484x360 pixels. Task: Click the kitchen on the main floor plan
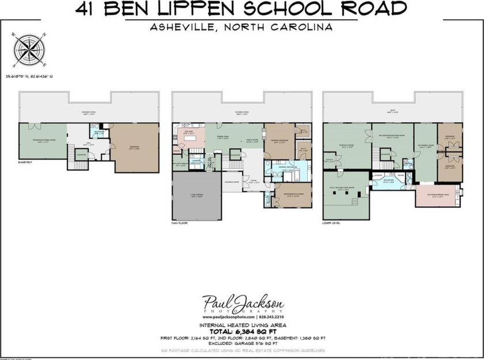pyautogui.click(x=188, y=135)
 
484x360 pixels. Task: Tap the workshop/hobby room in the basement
pyautogui.click(x=43, y=141)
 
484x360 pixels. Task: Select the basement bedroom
pyautogui.click(x=134, y=147)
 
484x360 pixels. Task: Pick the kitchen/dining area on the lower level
pyautogui.click(x=438, y=196)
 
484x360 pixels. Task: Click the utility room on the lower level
pyautogui.click(x=330, y=162)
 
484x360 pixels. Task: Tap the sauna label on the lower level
pyautogui.click(x=400, y=175)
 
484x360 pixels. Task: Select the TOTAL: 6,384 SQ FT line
pyautogui.click(x=242, y=331)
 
